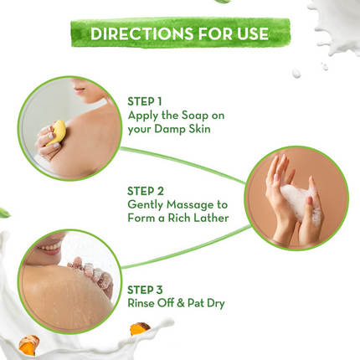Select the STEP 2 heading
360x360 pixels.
[147, 189]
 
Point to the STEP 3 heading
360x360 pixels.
[147, 289]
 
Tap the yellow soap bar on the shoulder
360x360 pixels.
[58, 131]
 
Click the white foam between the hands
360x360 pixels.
[293, 199]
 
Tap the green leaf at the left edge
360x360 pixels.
[4, 213]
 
